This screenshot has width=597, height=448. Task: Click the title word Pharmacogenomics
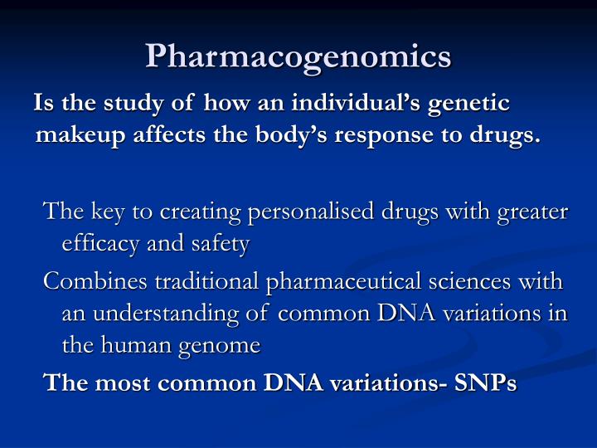coord(298,56)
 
